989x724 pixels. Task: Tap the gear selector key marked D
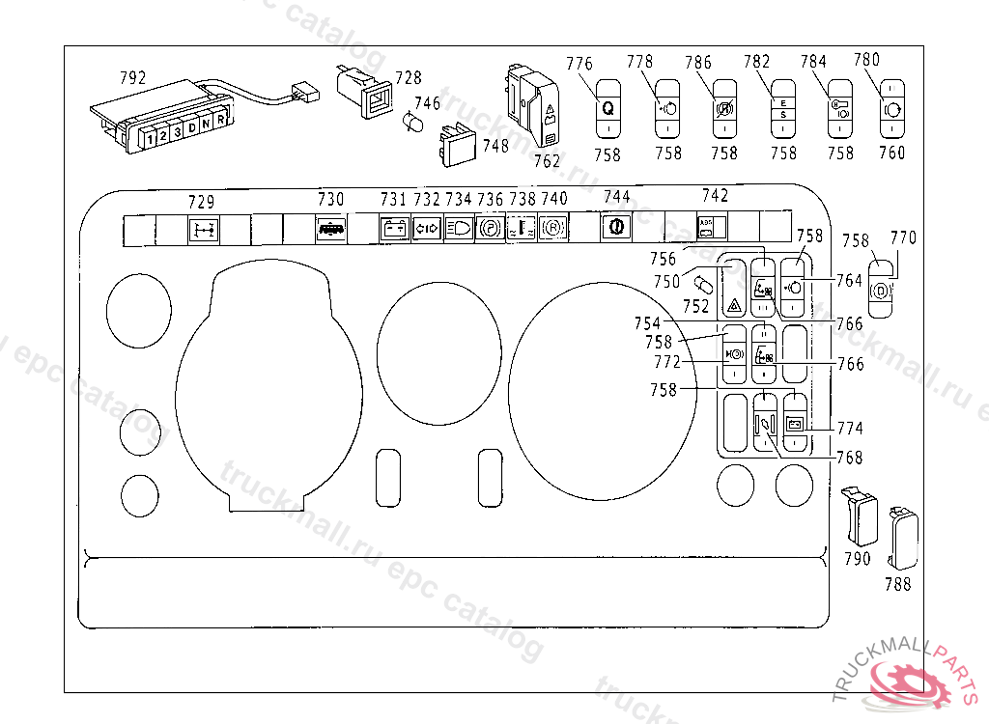tap(191, 127)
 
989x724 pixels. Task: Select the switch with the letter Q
tap(608, 108)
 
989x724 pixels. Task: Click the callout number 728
tap(409, 78)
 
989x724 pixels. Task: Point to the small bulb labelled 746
tap(412, 124)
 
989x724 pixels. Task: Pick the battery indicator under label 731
tap(393, 230)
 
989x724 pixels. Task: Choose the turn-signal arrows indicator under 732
tap(426, 230)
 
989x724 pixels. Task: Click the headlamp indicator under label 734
tap(458, 230)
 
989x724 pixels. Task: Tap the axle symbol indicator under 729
tap(202, 230)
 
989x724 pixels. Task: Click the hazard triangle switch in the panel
tap(734, 291)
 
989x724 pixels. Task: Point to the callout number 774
tap(850, 428)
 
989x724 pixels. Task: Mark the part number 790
tap(857, 558)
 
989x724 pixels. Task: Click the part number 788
tap(898, 583)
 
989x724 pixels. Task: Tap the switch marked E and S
tap(783, 109)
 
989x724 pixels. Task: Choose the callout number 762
tap(547, 161)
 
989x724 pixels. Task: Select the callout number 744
tap(616, 197)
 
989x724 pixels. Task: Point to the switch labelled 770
tap(881, 288)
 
